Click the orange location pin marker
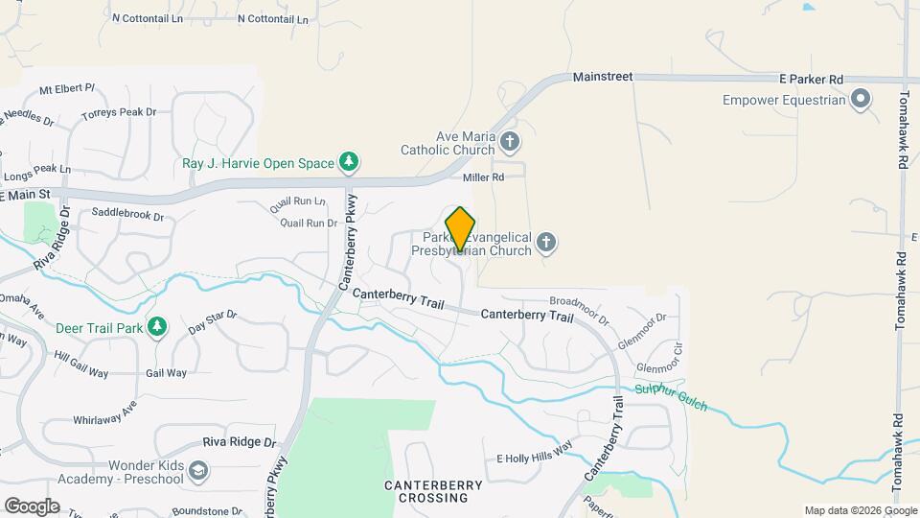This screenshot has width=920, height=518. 460,228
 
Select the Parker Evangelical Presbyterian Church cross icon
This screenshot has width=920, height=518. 546,242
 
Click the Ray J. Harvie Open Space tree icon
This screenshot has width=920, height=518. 351,162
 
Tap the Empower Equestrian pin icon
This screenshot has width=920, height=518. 861,99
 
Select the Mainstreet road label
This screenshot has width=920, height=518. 603,76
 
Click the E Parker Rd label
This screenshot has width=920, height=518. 810,78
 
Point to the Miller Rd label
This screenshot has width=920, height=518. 483,177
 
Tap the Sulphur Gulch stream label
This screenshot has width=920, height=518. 671,398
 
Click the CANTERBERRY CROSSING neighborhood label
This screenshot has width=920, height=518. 440,491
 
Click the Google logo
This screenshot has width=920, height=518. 31,506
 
